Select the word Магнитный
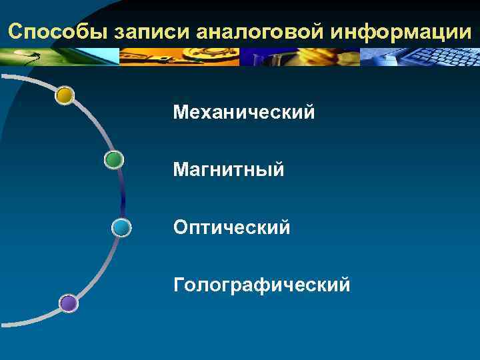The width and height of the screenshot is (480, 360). click(x=229, y=170)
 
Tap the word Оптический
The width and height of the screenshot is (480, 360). click(x=231, y=228)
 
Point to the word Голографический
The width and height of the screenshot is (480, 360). click(x=261, y=286)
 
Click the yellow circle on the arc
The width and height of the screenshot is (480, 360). click(x=65, y=96)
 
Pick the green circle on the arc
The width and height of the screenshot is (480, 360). click(x=114, y=159)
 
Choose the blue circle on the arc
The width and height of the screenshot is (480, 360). click(x=121, y=228)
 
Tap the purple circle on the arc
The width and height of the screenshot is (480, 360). click(x=68, y=304)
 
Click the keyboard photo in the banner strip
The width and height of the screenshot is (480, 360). click(x=420, y=56)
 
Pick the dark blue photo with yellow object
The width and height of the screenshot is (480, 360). click(x=300, y=56)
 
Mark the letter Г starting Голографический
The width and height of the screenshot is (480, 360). click(x=178, y=286)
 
